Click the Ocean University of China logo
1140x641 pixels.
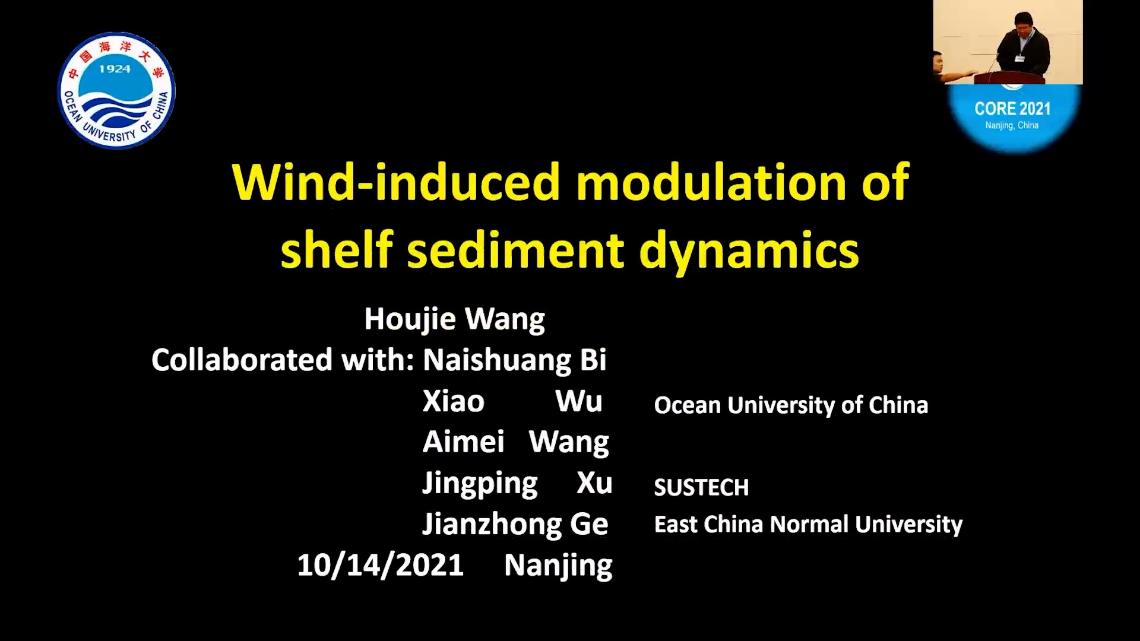[116, 91]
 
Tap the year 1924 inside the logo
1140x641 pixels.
[115, 69]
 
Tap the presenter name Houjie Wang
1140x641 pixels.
[454, 319]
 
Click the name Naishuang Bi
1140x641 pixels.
[514, 360]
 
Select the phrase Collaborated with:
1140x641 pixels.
[283, 360]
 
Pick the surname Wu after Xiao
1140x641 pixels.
[579, 401]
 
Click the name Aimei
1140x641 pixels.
[463, 442]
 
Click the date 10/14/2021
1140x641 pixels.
[380, 564]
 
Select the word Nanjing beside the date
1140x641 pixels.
[558, 566]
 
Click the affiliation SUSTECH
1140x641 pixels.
[701, 488]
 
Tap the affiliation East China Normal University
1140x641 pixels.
[808, 525]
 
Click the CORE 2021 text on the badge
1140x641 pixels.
[1012, 109]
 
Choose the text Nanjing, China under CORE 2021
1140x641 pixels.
[1012, 125]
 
